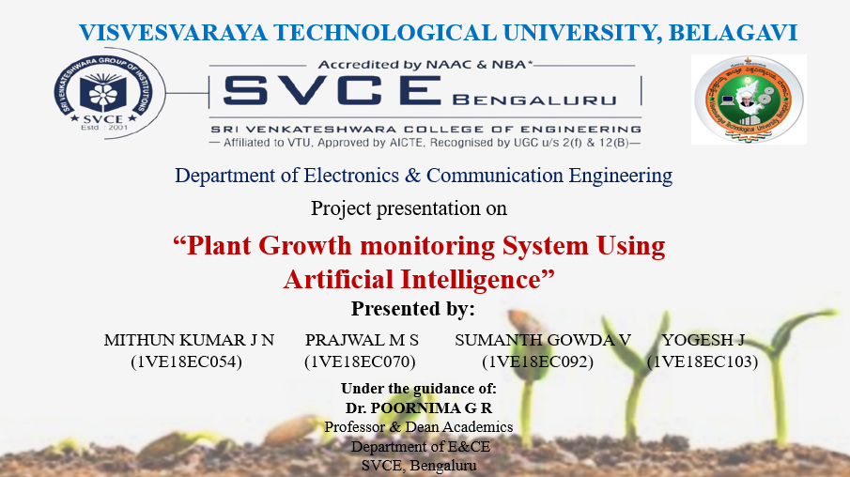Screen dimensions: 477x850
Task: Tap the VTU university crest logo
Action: coord(749,99)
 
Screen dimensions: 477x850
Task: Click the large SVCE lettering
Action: coord(332,91)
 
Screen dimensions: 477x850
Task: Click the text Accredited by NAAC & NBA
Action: coord(425,64)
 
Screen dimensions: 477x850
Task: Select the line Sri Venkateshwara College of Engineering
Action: coord(425,129)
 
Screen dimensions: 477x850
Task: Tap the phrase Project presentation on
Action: coord(409,208)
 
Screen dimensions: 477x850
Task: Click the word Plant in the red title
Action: coord(224,246)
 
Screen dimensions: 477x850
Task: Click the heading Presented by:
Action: coord(413,309)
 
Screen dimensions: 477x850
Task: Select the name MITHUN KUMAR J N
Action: coord(189,340)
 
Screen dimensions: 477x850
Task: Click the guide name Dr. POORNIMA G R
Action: coord(419,408)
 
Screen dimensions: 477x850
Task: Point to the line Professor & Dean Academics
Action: coord(419,427)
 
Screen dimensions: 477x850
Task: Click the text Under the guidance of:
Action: coord(419,389)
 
